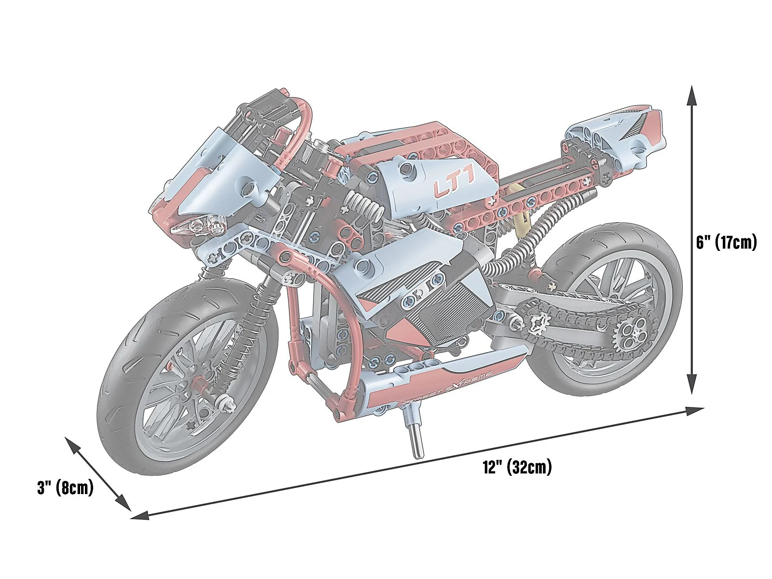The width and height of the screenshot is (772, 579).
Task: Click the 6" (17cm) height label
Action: click(x=726, y=242)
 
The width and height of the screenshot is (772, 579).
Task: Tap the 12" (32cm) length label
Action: click(x=517, y=468)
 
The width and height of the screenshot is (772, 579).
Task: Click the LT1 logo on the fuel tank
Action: click(x=454, y=187)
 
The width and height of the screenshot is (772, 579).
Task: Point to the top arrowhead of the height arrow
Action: click(x=692, y=94)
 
